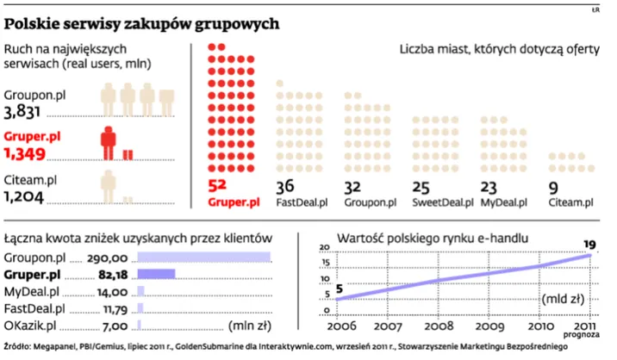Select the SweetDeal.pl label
(443, 203)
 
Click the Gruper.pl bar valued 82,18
(156, 275)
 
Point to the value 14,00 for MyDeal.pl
(113, 291)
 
